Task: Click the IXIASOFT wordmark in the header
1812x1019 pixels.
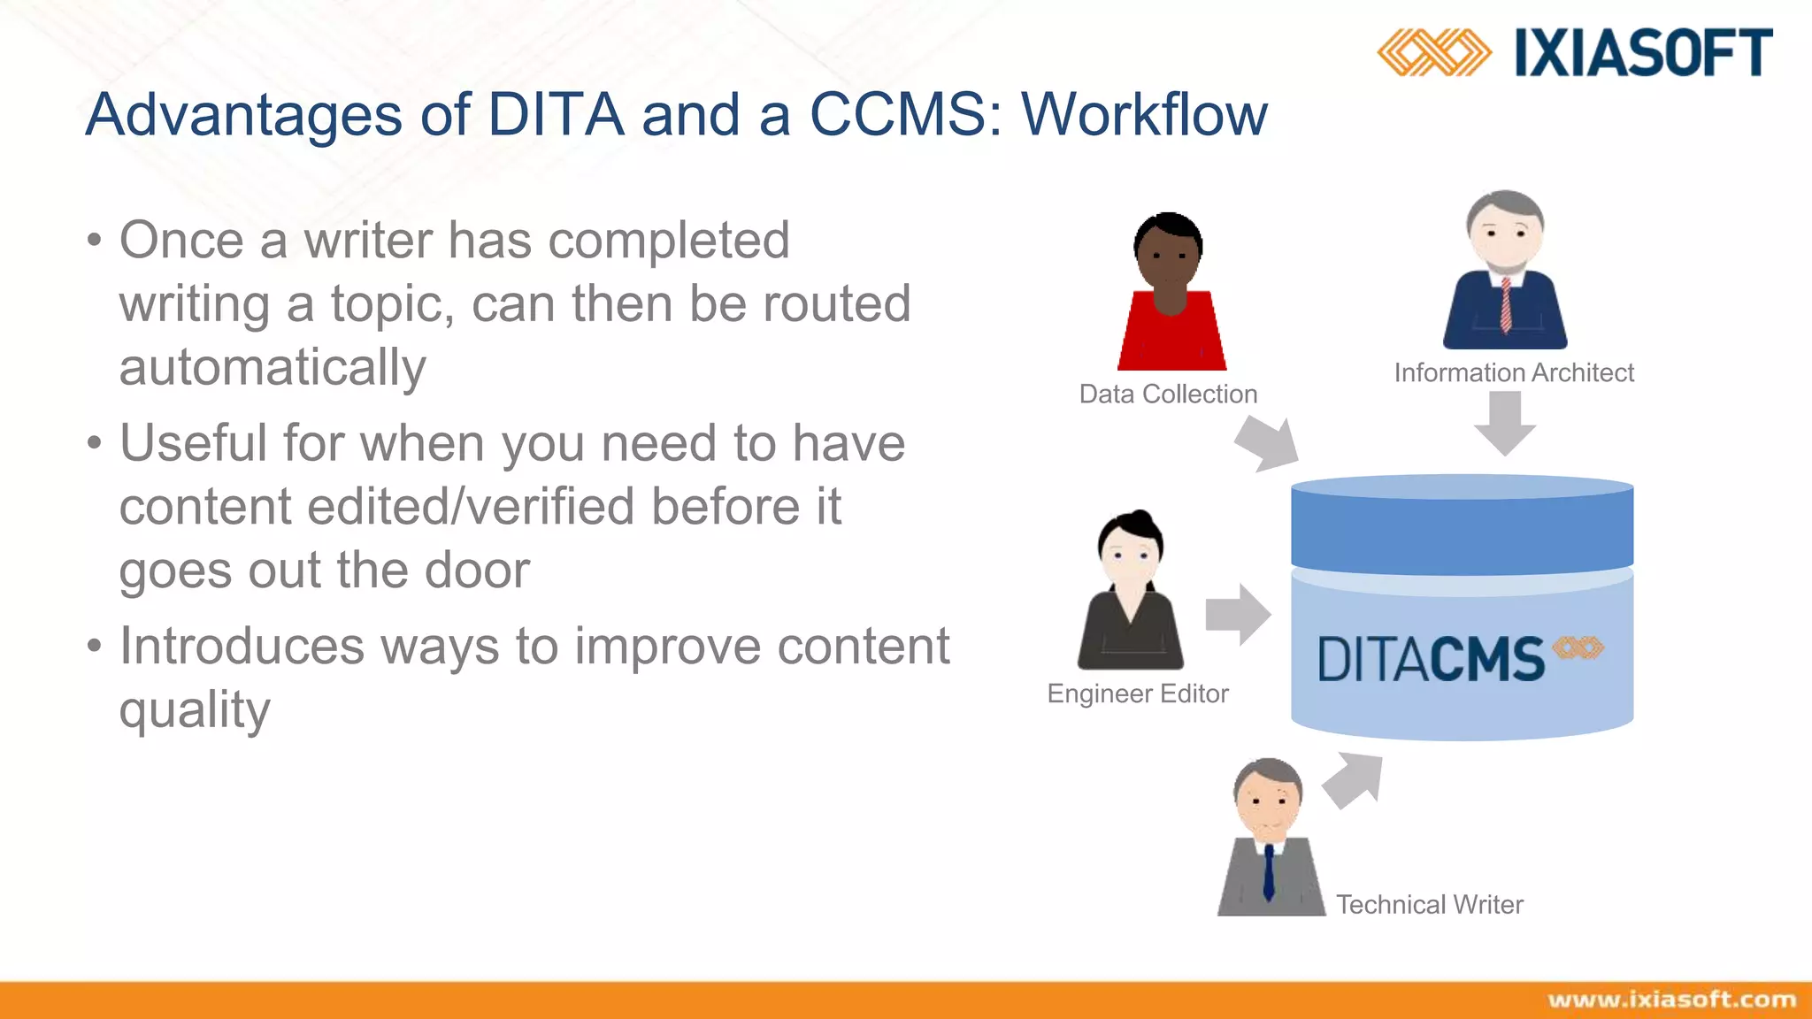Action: click(x=1643, y=53)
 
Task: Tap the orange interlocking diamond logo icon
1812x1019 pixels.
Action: click(x=1433, y=52)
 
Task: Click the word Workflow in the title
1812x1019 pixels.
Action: click(x=1144, y=115)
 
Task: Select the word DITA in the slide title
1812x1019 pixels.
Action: click(x=556, y=115)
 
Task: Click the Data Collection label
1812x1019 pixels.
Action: click(x=1168, y=394)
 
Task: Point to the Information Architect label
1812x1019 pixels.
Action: click(x=1514, y=372)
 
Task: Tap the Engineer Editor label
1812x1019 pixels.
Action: click(x=1138, y=693)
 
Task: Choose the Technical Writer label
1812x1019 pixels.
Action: click(x=1429, y=904)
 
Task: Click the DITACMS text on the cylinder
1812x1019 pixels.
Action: click(x=1431, y=659)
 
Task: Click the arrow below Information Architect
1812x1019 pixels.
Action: click(x=1504, y=423)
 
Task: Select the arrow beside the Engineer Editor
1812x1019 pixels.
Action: click(x=1238, y=614)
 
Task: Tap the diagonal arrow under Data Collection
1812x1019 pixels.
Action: click(x=1268, y=443)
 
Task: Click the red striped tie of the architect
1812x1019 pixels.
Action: click(x=1506, y=305)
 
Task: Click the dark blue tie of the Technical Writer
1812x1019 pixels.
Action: click(x=1269, y=871)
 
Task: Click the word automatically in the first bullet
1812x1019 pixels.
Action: click(x=273, y=367)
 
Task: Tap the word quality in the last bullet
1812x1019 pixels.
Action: click(x=195, y=710)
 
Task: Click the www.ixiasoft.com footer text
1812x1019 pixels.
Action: click(x=1671, y=1000)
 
